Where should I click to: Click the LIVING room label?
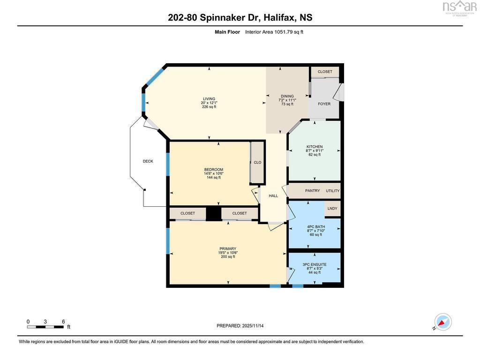210,99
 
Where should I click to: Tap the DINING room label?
287,96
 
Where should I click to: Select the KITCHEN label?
315,147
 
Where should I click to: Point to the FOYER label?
324,104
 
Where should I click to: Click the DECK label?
148,161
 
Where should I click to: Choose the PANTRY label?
313,191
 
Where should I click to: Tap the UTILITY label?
333,191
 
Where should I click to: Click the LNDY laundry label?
332,209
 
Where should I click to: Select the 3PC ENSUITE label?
315,264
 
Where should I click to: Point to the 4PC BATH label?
316,227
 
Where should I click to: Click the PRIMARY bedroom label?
228,249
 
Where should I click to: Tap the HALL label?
273,196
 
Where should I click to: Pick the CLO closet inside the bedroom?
257,163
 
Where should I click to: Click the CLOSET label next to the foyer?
325,72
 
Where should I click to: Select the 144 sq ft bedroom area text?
214,178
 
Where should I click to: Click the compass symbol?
443,322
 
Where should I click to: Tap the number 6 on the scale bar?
63,322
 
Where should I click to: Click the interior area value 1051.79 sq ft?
289,32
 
